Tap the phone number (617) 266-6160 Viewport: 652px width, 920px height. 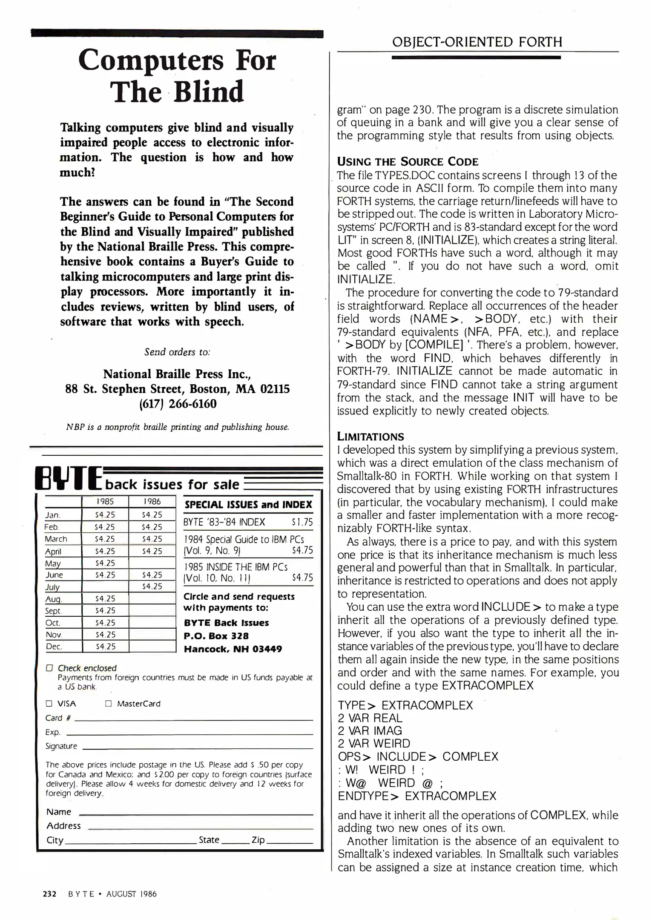[178, 404]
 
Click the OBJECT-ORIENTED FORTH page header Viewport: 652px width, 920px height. [477, 42]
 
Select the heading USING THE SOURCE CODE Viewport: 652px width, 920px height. [408, 162]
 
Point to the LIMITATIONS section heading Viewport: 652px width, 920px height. [371, 437]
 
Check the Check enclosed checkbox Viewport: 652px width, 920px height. [49, 668]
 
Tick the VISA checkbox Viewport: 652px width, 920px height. [49, 704]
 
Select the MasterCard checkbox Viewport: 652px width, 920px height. [108, 704]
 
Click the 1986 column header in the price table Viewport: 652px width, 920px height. [152, 502]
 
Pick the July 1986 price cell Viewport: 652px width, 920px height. [152, 586]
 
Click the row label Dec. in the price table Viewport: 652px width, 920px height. [54, 647]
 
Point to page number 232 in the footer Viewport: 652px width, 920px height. [50, 894]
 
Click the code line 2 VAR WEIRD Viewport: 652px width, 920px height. [374, 744]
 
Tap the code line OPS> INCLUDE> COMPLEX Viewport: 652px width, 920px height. [417, 757]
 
